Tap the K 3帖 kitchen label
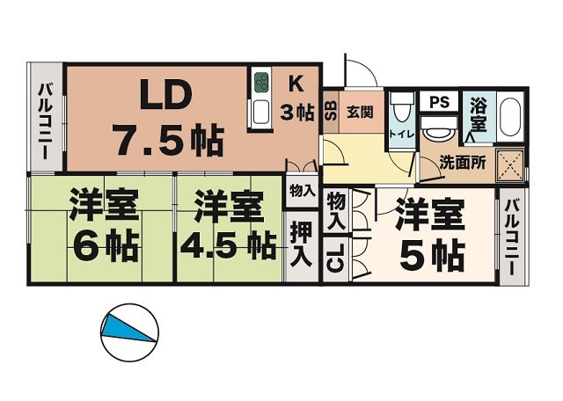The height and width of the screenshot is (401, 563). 296,98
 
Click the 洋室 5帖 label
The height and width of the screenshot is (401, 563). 431,235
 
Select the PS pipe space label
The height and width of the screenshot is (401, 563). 439,102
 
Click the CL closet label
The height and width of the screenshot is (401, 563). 335,261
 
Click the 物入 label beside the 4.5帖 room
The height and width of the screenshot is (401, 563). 300,189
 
